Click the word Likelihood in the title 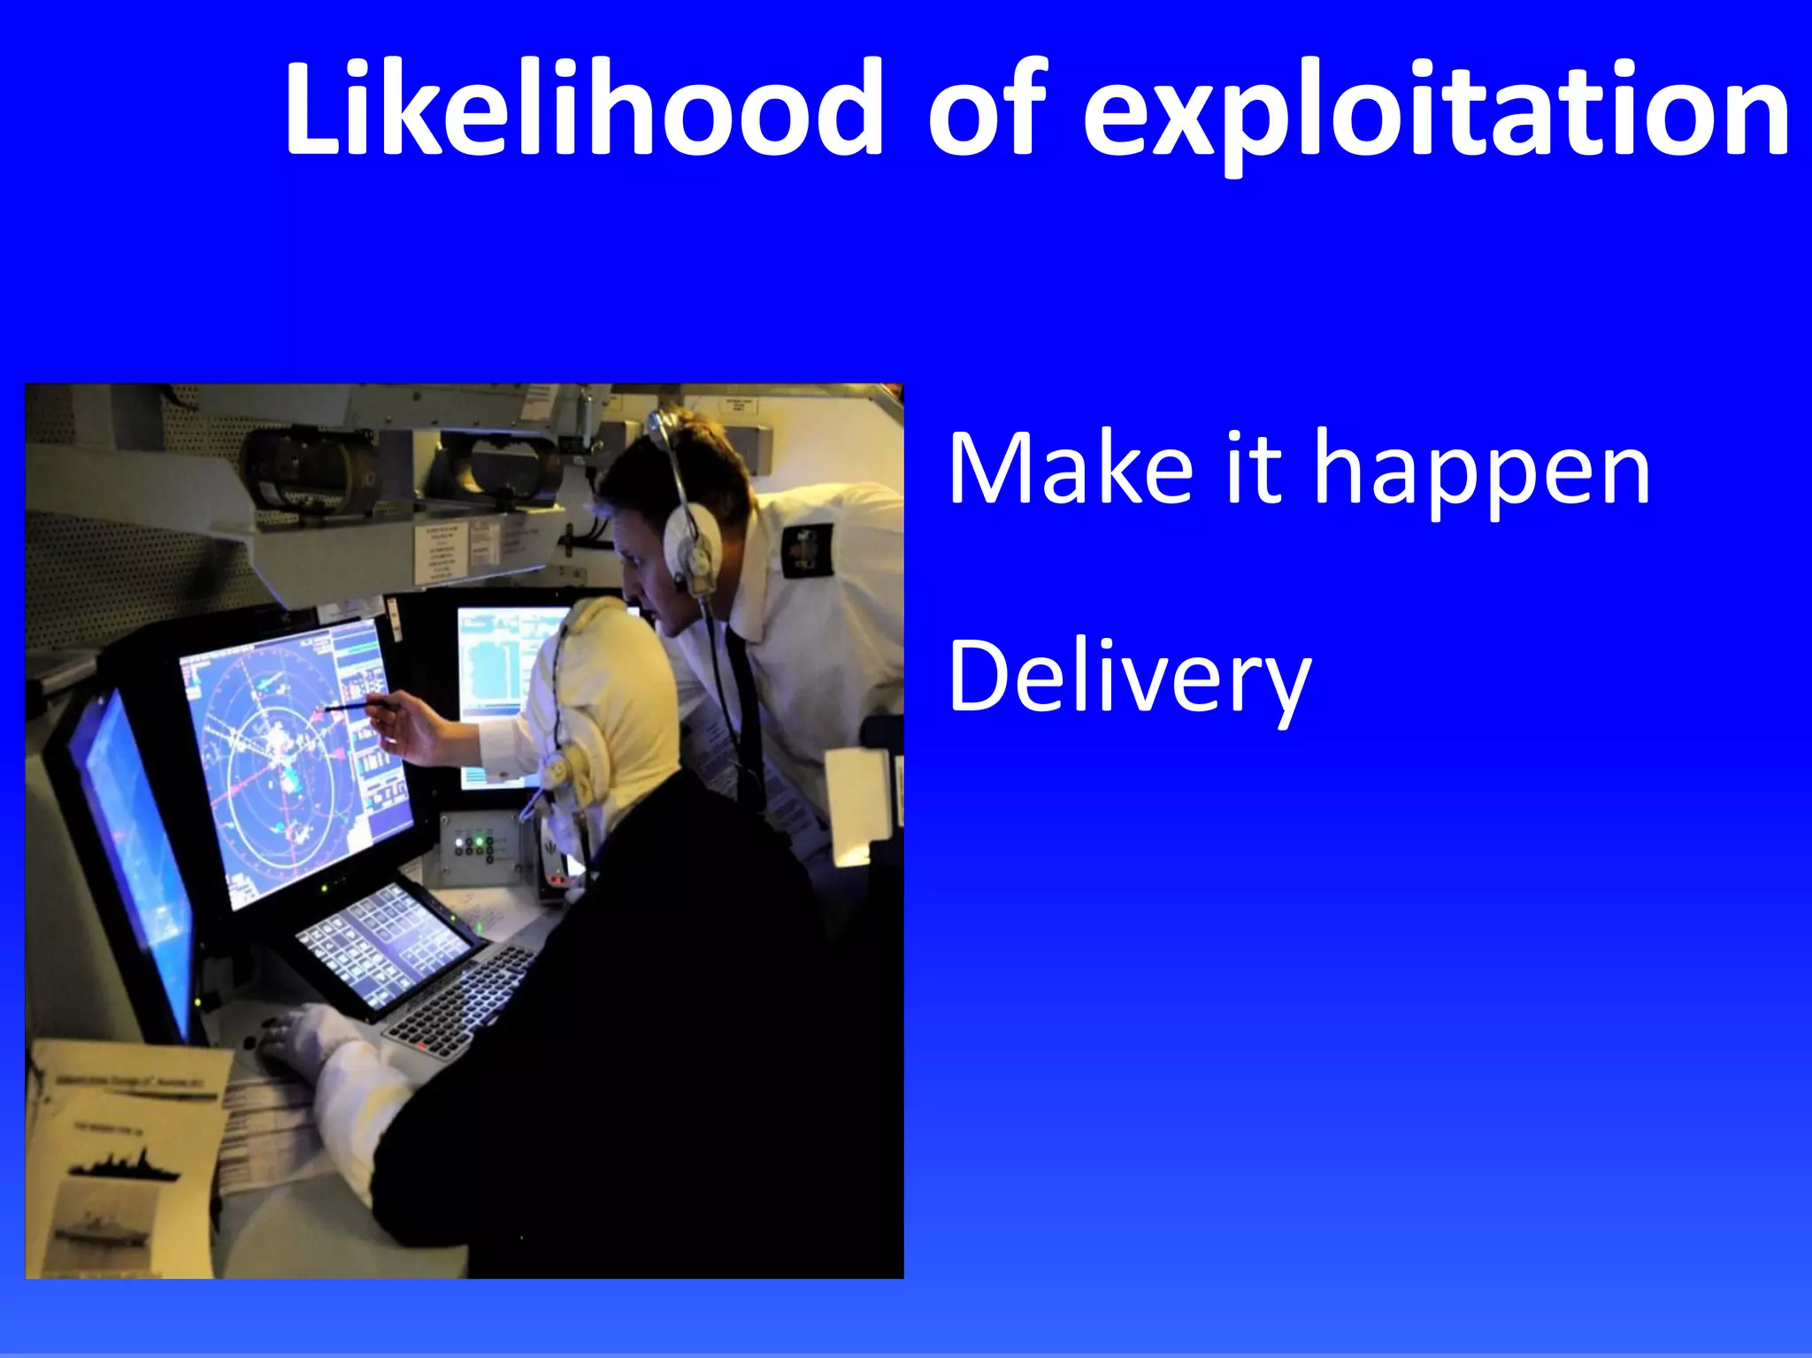pyautogui.click(x=582, y=111)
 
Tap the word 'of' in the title pyautogui.click(x=986, y=111)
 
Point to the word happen pyautogui.click(x=1481, y=473)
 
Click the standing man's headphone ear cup pyautogui.click(x=691, y=540)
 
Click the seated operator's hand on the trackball pyautogui.click(x=292, y=1040)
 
